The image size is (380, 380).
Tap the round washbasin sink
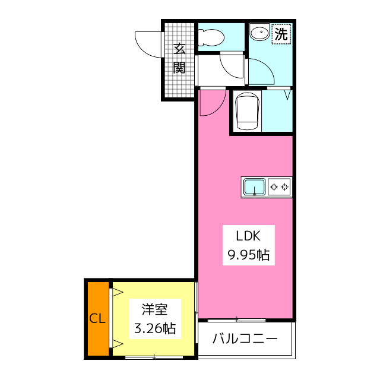(x=259, y=33)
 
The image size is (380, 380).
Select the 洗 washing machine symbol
(x=281, y=34)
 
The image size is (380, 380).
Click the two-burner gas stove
(x=280, y=187)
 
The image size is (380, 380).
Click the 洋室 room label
(x=154, y=309)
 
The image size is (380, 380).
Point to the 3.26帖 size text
(x=154, y=328)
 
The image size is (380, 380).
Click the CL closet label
(x=97, y=319)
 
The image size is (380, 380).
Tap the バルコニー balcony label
(x=245, y=340)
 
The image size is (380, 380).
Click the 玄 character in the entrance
(x=179, y=49)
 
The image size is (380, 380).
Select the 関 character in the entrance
(x=179, y=67)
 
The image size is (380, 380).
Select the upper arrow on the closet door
(x=117, y=292)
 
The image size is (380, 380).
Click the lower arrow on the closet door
(x=117, y=344)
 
